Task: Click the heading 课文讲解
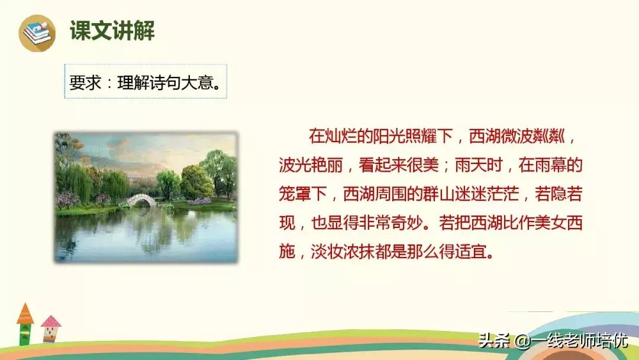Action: pyautogui.click(x=112, y=31)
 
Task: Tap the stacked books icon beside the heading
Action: pyautogui.click(x=37, y=33)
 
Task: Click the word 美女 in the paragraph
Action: pyautogui.click(x=535, y=224)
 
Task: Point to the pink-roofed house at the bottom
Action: pyautogui.click(x=51, y=328)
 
